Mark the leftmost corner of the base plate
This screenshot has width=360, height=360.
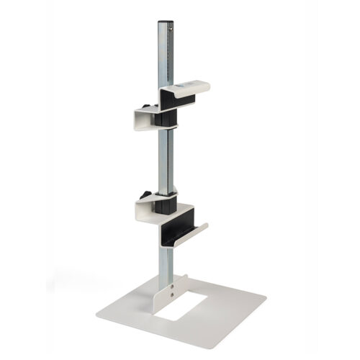[96, 318]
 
